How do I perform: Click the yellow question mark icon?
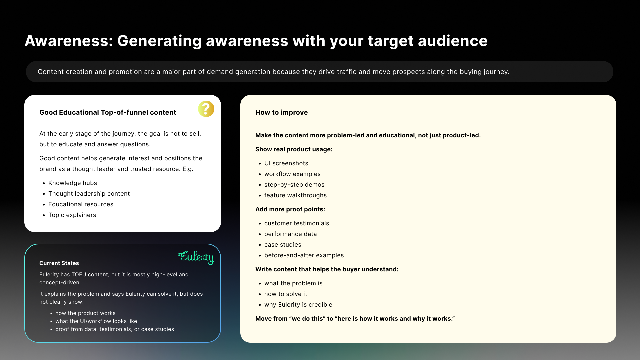click(206, 109)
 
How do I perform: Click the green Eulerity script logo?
click(196, 257)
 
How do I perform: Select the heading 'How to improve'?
click(281, 113)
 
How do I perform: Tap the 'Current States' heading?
click(59, 263)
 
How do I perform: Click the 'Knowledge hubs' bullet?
click(73, 183)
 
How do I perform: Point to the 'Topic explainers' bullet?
click(72, 215)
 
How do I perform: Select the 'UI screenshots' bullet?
click(286, 163)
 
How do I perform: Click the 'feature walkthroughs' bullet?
click(295, 195)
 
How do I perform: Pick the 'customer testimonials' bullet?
click(297, 223)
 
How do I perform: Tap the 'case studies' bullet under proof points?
click(283, 245)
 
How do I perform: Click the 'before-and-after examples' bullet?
click(304, 255)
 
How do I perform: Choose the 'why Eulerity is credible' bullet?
click(298, 305)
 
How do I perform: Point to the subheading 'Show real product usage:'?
click(294, 149)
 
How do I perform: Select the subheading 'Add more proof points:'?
click(290, 209)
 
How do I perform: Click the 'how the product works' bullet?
click(85, 313)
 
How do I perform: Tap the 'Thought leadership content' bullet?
click(89, 194)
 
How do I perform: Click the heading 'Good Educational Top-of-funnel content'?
click(108, 113)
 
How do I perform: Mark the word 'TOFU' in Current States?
click(80, 275)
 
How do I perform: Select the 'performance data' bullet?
click(291, 234)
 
